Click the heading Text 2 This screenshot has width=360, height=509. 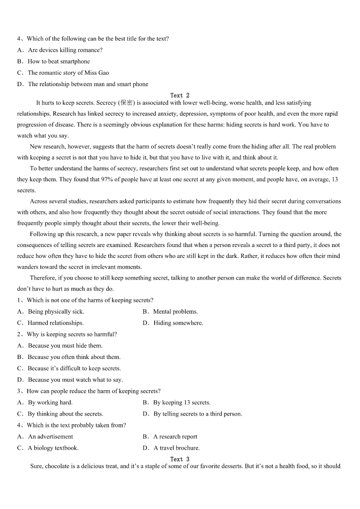click(180, 96)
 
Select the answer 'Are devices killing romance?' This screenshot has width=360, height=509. click(65, 50)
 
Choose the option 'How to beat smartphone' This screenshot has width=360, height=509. click(58, 62)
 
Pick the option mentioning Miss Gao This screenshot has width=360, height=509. click(68, 73)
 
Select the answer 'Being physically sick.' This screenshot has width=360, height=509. click(56, 312)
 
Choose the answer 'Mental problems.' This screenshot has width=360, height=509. click(175, 312)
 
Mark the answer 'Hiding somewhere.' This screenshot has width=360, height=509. click(178, 323)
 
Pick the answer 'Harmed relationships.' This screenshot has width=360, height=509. click(55, 323)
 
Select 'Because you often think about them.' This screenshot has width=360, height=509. click(74, 357)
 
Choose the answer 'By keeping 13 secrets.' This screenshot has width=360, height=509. click(181, 402)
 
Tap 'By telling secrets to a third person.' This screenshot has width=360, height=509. click(197, 414)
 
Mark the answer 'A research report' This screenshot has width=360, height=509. click(175, 437)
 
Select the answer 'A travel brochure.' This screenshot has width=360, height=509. click(176, 448)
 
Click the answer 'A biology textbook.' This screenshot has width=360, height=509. click(53, 448)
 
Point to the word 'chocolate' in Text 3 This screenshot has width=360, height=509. click(58, 466)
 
